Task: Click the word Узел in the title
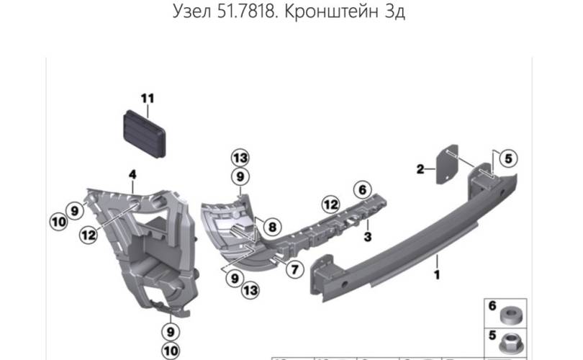click(194, 14)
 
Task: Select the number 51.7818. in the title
click(243, 14)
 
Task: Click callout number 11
click(147, 98)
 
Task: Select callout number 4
click(132, 174)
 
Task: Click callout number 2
click(420, 170)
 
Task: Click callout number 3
click(366, 235)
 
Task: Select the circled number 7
click(294, 271)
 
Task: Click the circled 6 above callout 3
click(362, 190)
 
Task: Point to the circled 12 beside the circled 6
click(330, 204)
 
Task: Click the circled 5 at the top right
click(507, 158)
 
